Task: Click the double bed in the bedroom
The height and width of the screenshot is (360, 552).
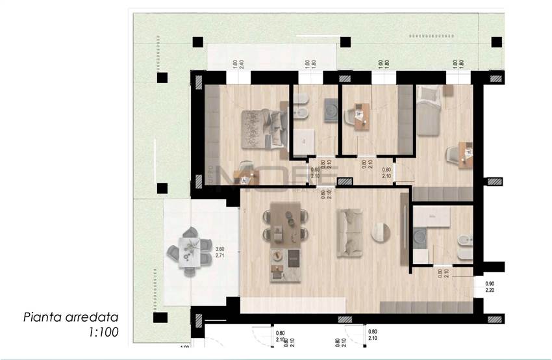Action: coord(264,127)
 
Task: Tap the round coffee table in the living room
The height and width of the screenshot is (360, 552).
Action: coord(381,232)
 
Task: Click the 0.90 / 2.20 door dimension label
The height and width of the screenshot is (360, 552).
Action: coord(489,287)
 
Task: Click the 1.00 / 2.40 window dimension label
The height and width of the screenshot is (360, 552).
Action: coord(238,66)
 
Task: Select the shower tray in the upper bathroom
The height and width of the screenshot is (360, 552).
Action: coord(305,140)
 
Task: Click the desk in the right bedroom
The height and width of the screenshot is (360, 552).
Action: coord(465,154)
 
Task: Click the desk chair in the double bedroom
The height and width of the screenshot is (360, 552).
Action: coord(245,168)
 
